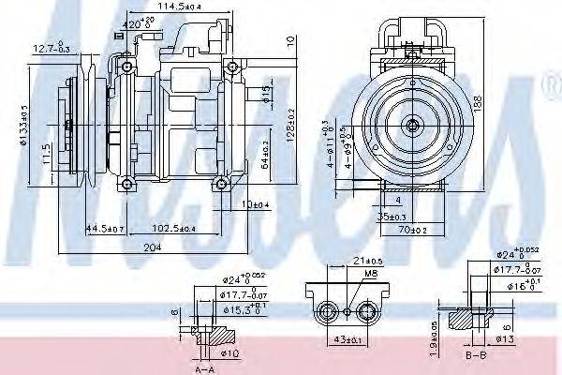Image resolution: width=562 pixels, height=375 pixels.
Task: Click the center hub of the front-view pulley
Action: click(x=411, y=125)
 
